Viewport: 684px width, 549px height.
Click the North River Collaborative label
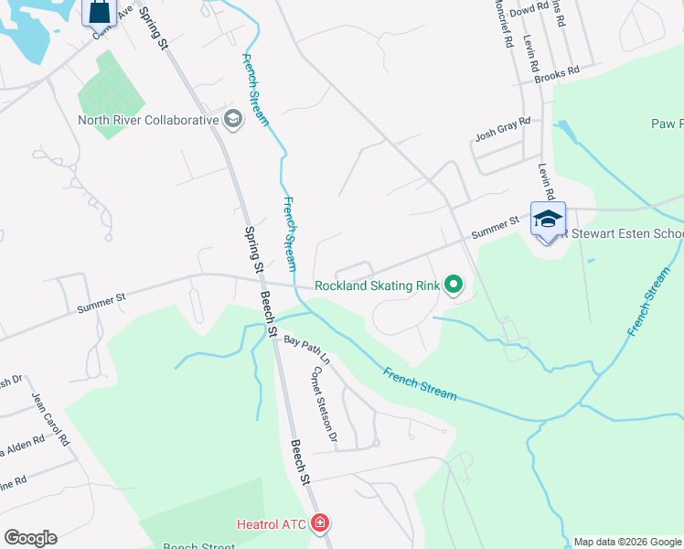148,120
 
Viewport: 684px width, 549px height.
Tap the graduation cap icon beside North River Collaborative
232,119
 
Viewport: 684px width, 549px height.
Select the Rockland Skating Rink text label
378,285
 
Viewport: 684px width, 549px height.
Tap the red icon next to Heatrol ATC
320,524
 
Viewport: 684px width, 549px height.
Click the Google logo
30,538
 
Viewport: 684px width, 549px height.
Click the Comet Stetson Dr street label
325,402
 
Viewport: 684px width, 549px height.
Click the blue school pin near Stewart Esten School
548,220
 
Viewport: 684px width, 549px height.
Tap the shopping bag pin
101,13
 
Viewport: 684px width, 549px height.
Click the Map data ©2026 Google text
628,542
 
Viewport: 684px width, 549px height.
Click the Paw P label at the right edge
667,124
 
